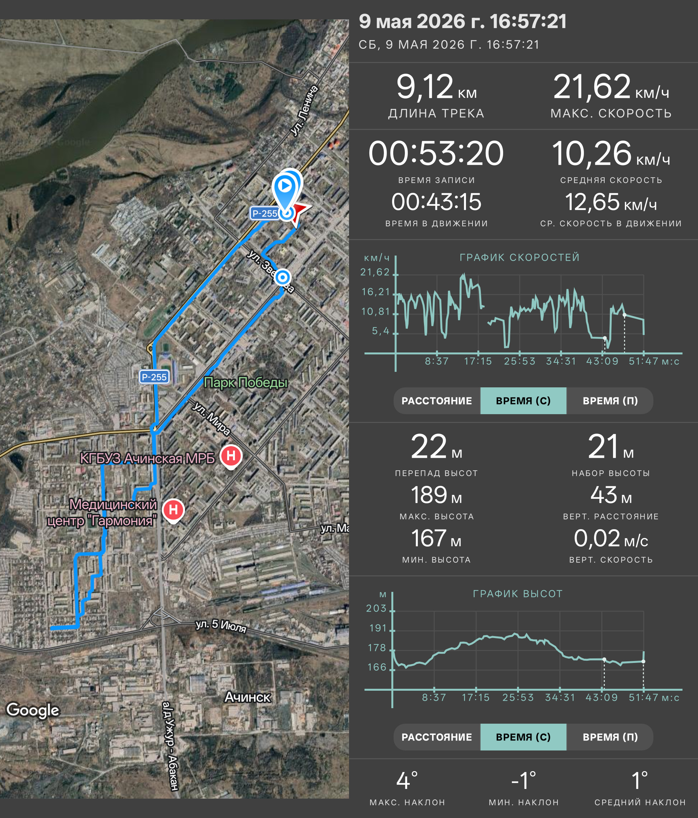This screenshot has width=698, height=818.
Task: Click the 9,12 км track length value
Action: pyautogui.click(x=436, y=87)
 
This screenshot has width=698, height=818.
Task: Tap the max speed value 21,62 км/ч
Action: pyautogui.click(x=611, y=87)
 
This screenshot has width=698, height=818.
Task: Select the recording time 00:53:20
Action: pyautogui.click(x=436, y=153)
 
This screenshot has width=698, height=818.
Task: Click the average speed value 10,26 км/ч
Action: pyautogui.click(x=611, y=153)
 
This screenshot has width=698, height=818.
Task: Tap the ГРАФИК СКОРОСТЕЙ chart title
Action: pyautogui.click(x=520, y=257)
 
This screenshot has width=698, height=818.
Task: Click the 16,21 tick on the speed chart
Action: pyautogui.click(x=375, y=292)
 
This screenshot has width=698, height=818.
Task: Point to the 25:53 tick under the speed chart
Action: pyautogui.click(x=520, y=361)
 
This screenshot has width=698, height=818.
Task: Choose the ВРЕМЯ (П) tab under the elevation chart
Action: pyautogui.click(x=610, y=737)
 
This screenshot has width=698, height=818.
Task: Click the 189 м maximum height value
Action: pyautogui.click(x=436, y=495)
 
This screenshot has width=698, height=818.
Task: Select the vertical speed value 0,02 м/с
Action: pyautogui.click(x=611, y=539)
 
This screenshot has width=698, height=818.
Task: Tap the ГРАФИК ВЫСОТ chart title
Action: pyautogui.click(x=518, y=594)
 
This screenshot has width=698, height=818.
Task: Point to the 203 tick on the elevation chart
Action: pyautogui.click(x=376, y=608)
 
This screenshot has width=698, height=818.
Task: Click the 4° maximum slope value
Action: pyautogui.click(x=407, y=781)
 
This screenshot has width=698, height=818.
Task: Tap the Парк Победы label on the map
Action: pyautogui.click(x=246, y=383)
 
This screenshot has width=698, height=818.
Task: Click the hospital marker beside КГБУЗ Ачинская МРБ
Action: pyautogui.click(x=231, y=456)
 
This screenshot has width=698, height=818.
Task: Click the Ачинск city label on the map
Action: pyautogui.click(x=248, y=697)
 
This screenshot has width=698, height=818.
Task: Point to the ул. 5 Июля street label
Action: pyautogui.click(x=221, y=626)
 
